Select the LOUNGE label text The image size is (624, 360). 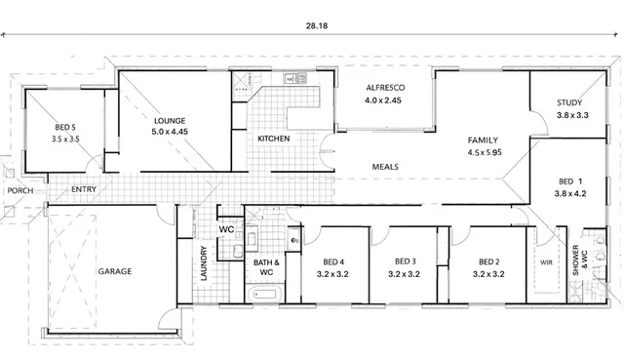point(169,121)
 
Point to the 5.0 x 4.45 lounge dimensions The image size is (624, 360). point(169,134)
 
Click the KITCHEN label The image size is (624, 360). point(273,140)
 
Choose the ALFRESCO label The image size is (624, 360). point(385,88)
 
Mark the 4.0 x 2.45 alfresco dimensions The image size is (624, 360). point(385,100)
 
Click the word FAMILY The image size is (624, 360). point(483,140)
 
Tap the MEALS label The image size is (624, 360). point(385,167)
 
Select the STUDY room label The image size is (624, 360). point(570,102)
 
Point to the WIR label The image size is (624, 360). point(545,262)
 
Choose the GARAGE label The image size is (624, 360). point(114,271)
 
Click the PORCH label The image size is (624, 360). point(19,190)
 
